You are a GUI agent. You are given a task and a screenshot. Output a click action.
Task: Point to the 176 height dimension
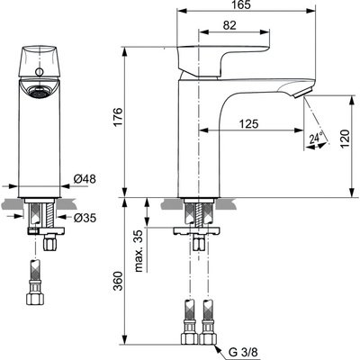(129, 117)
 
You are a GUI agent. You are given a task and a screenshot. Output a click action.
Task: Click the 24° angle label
(315, 139)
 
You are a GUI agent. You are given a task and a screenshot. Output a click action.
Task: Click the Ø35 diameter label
(85, 217)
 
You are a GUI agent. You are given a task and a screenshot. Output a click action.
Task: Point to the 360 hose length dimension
(129, 286)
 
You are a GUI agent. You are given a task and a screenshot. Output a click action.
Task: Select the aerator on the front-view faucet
(38, 90)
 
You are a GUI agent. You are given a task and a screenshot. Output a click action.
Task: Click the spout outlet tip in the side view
(303, 93)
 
